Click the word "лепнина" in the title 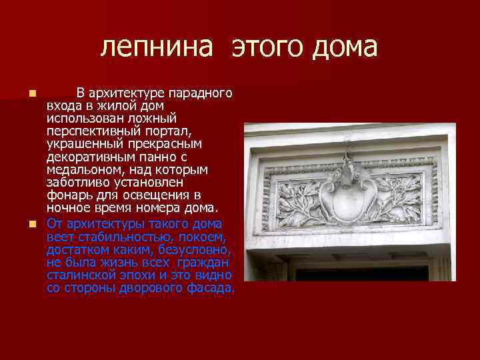pos(157,47)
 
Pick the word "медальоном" pos(80,170)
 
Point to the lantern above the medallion pos(349,160)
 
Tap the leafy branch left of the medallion pos(296,197)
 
